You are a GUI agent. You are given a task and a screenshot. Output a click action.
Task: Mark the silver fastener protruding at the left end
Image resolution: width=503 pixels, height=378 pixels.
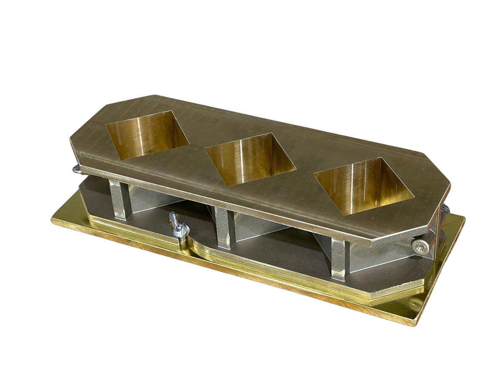76,169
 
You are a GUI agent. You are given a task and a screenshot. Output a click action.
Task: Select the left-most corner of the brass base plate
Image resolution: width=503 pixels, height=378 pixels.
53,219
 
